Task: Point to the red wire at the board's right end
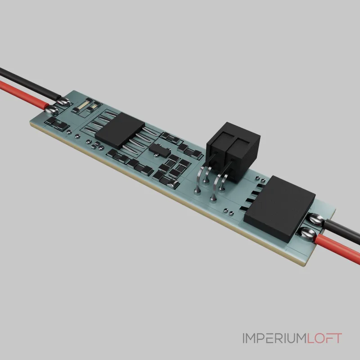click(x=337, y=248)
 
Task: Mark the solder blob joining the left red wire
click(x=51, y=110)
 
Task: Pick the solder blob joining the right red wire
click(x=308, y=233)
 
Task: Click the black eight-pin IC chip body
click(x=120, y=130)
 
